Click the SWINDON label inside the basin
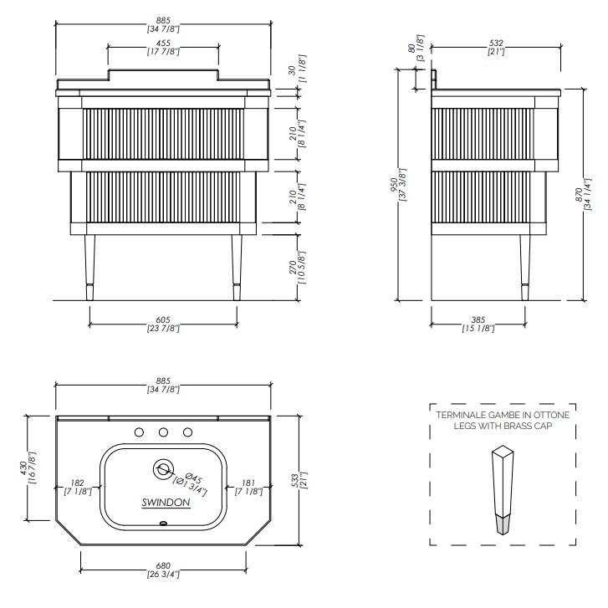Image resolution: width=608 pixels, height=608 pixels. (166, 503)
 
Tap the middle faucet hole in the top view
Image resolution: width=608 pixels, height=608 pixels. (163, 432)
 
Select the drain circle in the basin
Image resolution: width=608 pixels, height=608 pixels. (163, 469)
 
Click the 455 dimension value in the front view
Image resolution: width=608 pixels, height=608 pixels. (163, 43)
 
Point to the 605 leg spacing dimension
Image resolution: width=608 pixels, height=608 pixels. (163, 320)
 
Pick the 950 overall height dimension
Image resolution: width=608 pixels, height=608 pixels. (395, 184)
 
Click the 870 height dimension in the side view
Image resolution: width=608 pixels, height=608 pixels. (579, 194)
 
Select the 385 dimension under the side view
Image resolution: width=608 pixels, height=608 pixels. (478, 320)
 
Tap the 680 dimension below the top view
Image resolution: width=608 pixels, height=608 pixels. (163, 565)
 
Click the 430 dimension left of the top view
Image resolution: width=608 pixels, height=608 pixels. (23, 467)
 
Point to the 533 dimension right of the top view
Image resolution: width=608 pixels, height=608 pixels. (295, 481)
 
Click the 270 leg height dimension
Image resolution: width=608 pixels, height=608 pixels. (293, 268)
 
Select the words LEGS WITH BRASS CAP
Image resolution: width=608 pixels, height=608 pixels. (503, 426)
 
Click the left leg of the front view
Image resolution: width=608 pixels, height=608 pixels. (89, 268)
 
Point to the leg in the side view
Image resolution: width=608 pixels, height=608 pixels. (524, 268)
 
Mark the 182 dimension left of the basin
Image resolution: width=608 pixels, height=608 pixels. (77, 483)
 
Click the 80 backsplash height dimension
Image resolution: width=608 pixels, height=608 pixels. (411, 48)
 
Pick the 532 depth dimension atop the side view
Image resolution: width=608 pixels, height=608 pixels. (496, 43)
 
